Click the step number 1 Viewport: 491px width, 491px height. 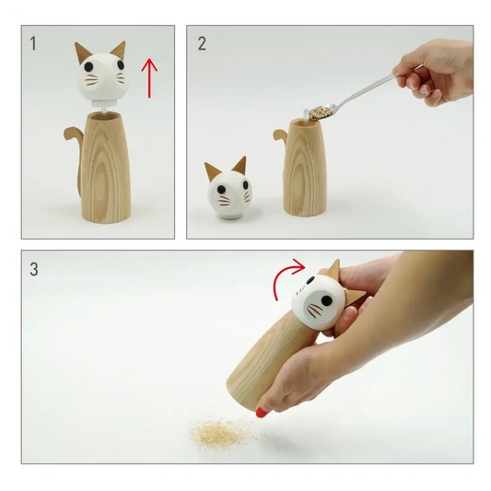pos(34,43)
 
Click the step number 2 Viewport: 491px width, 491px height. pos(202,43)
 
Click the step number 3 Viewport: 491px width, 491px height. pos(35,270)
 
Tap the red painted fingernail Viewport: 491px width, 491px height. pos(262,412)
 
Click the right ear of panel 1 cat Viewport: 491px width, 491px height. pos(118,48)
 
